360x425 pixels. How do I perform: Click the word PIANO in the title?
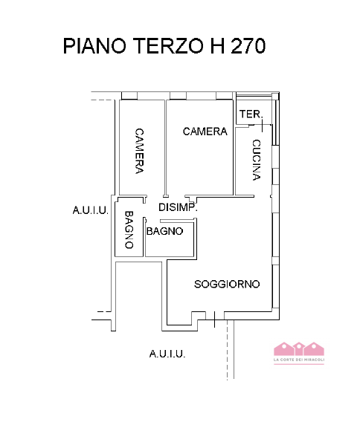pos(94,46)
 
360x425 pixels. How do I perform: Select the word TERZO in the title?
pos(168,46)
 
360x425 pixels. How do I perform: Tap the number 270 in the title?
pos(248,46)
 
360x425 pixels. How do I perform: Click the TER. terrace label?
pos(251,114)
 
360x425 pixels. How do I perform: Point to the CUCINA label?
pos(257,160)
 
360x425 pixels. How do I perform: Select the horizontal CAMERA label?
pos(205,132)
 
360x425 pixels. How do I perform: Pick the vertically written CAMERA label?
pos(139,151)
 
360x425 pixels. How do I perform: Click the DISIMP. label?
pos(178,207)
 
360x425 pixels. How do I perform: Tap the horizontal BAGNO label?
pos(164,231)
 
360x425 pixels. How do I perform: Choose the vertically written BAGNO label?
pos(129,230)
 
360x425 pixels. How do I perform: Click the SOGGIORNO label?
pos(227,284)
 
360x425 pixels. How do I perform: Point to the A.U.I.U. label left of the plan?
pos(91,210)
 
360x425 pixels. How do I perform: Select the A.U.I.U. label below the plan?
pos(167,354)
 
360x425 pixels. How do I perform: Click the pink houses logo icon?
pos(299,348)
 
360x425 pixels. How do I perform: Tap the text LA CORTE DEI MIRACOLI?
pos(299,360)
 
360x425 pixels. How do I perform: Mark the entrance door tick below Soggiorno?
pos(215,319)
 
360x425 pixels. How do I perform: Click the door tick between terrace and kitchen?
pos(263,126)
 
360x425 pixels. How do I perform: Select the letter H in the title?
pos(217,46)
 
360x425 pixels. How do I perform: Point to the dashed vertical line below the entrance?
pos(228,350)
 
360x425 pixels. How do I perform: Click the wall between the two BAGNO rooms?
pos(144,236)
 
